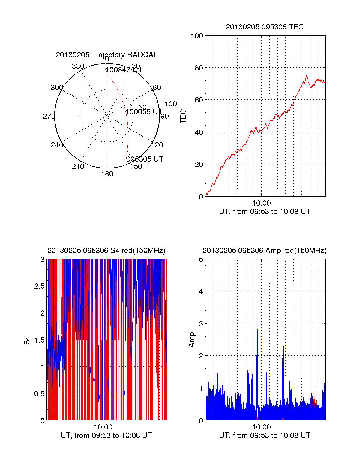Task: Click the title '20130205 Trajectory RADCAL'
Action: (x=106, y=55)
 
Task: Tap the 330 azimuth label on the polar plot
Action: (x=78, y=66)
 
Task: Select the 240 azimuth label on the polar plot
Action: (x=57, y=145)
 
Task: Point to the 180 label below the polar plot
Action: (x=107, y=174)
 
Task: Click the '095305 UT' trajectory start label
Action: (x=145, y=159)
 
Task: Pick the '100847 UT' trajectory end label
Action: (x=124, y=70)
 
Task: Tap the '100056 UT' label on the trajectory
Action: (x=144, y=112)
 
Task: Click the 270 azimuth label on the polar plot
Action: (x=49, y=116)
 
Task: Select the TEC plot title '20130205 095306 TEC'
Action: (x=265, y=27)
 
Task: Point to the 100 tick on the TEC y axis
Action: (x=197, y=36)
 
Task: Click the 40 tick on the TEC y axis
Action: (x=199, y=132)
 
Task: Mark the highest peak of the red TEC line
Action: (x=306, y=76)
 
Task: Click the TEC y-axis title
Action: (x=183, y=116)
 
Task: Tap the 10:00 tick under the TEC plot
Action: (x=261, y=203)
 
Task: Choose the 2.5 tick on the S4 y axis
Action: (x=40, y=286)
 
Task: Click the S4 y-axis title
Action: (x=27, y=340)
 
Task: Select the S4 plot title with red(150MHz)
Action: (x=106, y=251)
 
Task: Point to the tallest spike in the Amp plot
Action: (x=257, y=291)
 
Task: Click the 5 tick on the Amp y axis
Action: (x=201, y=260)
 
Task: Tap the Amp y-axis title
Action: (x=191, y=340)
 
